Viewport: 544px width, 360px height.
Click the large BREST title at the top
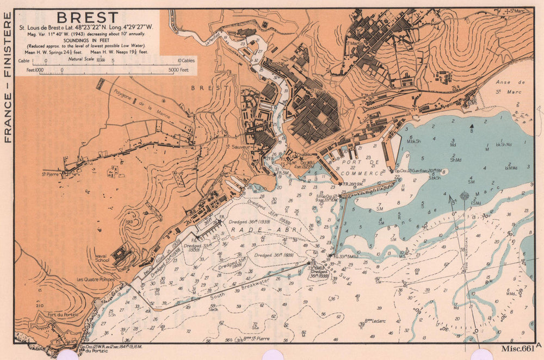[87, 17]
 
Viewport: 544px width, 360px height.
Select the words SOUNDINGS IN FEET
[87, 40]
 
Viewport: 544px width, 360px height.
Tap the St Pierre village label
[51, 175]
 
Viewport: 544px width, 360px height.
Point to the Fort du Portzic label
[63, 314]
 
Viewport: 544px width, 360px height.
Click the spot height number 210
[39, 306]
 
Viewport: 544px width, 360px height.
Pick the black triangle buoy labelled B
[471, 127]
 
